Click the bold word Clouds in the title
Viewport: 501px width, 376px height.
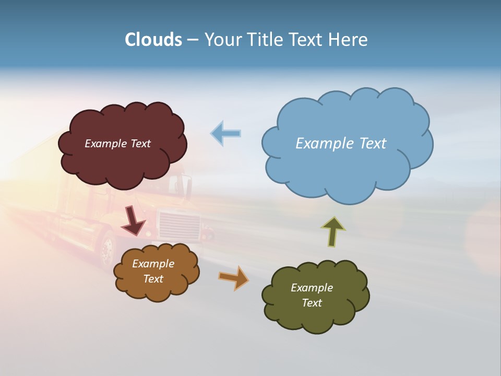pos(153,40)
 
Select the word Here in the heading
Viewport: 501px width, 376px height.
pos(349,40)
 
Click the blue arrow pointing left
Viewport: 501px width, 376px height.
pos(226,133)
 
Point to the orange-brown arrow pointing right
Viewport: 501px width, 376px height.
pos(234,277)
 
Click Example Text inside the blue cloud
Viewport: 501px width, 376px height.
pos(341,143)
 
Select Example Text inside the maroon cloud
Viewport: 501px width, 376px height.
pos(117,144)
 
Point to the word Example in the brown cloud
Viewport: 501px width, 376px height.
pos(153,264)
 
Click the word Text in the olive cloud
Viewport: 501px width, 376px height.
pos(312,303)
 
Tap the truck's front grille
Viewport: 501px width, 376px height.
pos(180,226)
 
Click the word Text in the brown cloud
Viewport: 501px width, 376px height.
pos(153,279)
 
